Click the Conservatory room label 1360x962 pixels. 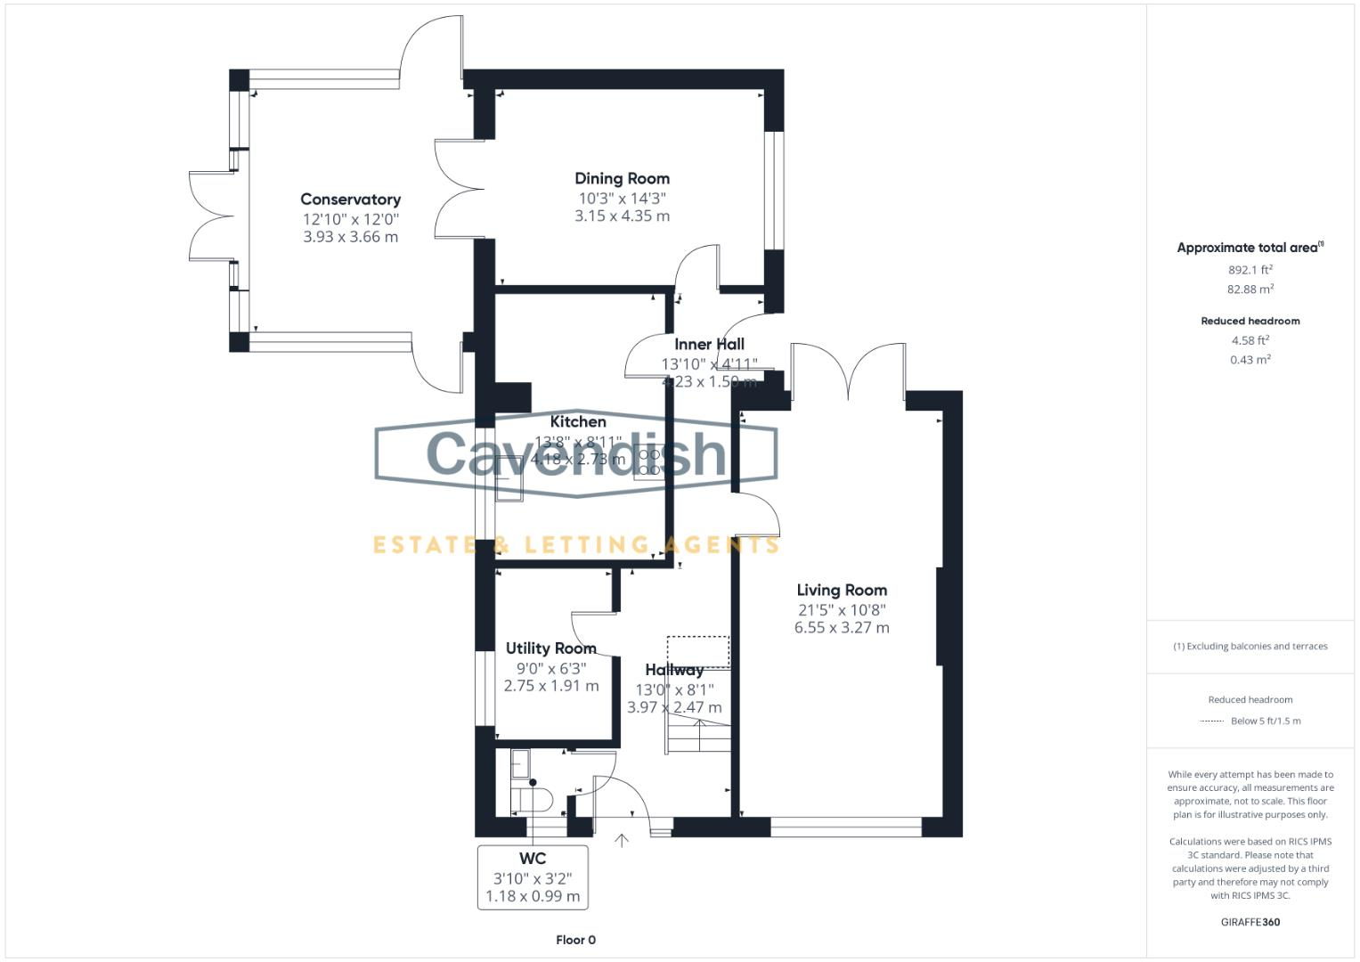pyautogui.click(x=350, y=200)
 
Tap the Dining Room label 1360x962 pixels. pyautogui.click(x=622, y=178)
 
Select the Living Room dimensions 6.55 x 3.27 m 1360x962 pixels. pyautogui.click(x=842, y=627)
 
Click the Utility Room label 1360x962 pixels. pyautogui.click(x=550, y=648)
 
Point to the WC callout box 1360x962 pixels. pyautogui.click(x=533, y=876)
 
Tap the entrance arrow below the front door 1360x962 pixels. pyautogui.click(x=621, y=840)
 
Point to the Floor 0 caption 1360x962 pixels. pyautogui.click(x=575, y=940)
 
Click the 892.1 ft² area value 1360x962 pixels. pyautogui.click(x=1250, y=269)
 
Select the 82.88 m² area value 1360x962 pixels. pyautogui.click(x=1250, y=289)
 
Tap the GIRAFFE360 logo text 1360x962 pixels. pyautogui.click(x=1250, y=922)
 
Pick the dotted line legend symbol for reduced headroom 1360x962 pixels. pyautogui.click(x=1211, y=721)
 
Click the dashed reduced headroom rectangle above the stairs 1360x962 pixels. pyautogui.click(x=698, y=651)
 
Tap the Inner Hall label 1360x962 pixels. pyautogui.click(x=709, y=344)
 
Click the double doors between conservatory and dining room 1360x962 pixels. pyautogui.click(x=460, y=189)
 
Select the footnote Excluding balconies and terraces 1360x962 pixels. pyautogui.click(x=1250, y=647)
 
